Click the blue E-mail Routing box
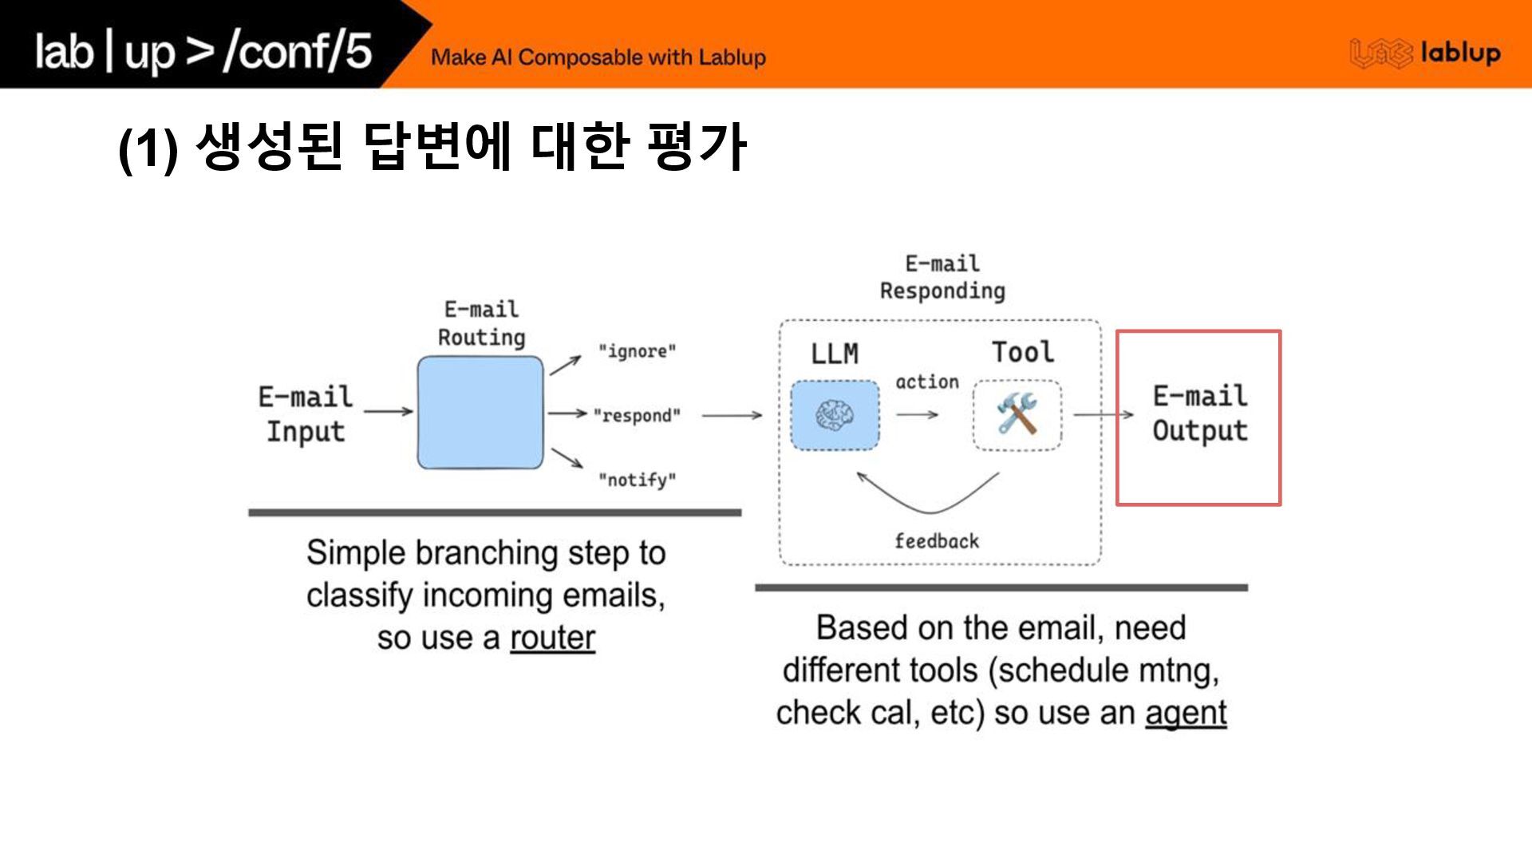pos(480,413)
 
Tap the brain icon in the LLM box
pos(835,415)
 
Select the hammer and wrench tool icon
pos(1017,414)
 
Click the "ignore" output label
pos(637,351)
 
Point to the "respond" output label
pos(636,416)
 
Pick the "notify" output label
pos(637,480)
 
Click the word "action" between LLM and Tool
pos(926,382)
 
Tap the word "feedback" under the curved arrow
pos(936,541)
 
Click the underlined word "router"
pos(552,638)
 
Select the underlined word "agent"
pos(1185,713)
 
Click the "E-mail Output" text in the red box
pos(1199,413)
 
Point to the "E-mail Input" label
pos(305,413)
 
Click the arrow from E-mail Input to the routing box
pos(389,412)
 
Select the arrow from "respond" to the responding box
pos(731,415)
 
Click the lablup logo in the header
pos(1425,53)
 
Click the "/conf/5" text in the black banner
pos(298,52)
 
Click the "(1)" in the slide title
pos(147,148)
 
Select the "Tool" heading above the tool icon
pos(1022,352)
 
